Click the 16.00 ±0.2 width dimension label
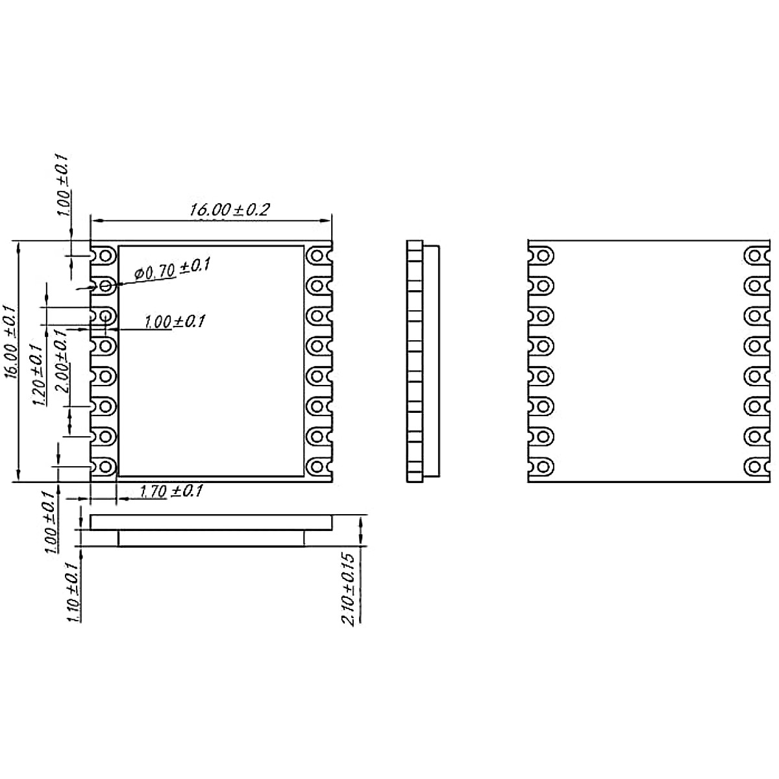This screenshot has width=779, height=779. (x=229, y=210)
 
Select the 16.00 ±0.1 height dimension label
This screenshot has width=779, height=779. (x=11, y=343)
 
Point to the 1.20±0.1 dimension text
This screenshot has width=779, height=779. (x=38, y=375)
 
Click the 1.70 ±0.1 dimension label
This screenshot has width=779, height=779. (x=171, y=491)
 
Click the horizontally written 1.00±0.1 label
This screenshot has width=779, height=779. (x=175, y=322)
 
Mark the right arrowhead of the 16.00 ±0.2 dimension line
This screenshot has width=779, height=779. (x=326, y=220)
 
